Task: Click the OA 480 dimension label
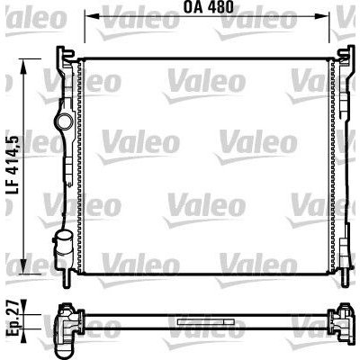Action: [x=209, y=7]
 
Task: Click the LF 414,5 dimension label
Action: [x=13, y=166]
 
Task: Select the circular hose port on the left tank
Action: [x=64, y=122]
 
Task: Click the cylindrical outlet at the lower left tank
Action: [x=63, y=244]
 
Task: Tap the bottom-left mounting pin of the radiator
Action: [x=67, y=278]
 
